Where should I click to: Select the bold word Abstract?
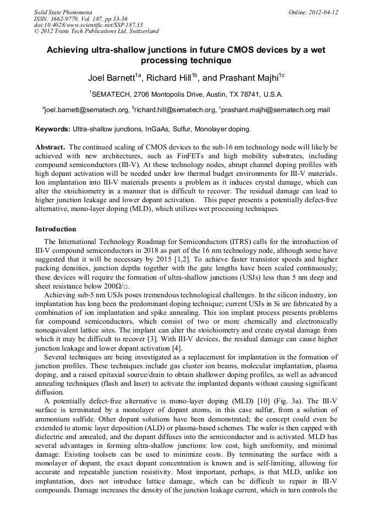[x=51, y=148]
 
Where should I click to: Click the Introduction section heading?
[x=56, y=229]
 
